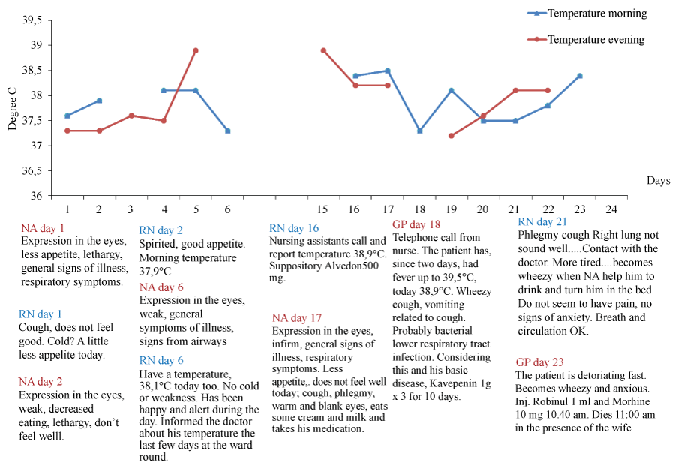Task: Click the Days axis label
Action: [658, 181]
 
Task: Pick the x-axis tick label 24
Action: [611, 208]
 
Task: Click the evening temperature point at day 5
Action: [195, 50]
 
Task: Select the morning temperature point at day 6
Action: [227, 131]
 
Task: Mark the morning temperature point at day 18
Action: [419, 131]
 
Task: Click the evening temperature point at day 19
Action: [451, 136]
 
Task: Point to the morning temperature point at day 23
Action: [580, 76]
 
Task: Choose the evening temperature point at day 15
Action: [323, 50]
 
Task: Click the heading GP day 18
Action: [416, 224]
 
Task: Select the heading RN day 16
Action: [294, 228]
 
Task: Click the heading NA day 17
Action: [297, 317]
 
